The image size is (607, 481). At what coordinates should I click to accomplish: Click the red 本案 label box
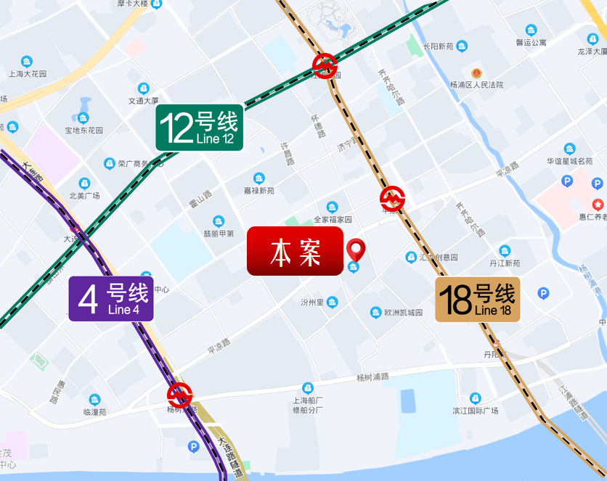click(x=295, y=251)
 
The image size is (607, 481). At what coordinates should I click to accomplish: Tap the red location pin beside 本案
click(x=356, y=250)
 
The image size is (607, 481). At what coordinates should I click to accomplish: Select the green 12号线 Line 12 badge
click(x=199, y=128)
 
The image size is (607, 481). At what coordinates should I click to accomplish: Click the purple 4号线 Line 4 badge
click(x=111, y=298)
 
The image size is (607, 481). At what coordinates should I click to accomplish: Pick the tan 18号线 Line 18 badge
click(x=478, y=299)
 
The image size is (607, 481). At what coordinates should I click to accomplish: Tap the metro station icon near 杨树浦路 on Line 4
click(x=179, y=395)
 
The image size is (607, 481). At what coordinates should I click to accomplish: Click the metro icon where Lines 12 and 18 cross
click(x=325, y=65)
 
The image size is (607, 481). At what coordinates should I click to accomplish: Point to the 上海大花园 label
click(x=28, y=74)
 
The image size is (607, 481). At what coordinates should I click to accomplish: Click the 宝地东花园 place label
click(x=83, y=131)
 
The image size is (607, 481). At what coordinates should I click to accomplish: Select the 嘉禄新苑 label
click(x=259, y=191)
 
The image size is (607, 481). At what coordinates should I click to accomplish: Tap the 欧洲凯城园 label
click(x=403, y=313)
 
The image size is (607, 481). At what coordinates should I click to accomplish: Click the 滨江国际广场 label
click(x=475, y=411)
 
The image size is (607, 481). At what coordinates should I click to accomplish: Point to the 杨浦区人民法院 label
click(x=476, y=85)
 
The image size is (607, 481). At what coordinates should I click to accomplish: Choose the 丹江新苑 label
click(x=505, y=263)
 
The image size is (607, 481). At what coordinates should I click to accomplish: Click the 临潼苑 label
click(x=94, y=411)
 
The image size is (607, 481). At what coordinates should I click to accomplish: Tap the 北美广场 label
click(x=84, y=195)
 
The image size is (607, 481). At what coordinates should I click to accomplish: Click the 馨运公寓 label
click(x=531, y=43)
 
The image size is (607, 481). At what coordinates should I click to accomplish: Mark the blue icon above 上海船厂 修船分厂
click(x=308, y=388)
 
